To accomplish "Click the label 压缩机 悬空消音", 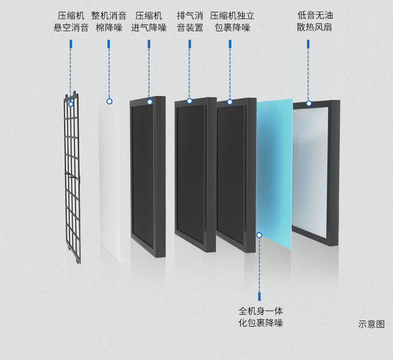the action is click(x=71, y=22).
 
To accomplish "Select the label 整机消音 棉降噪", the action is click(x=108, y=22).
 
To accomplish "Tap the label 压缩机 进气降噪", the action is click(x=149, y=22).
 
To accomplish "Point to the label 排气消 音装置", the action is click(x=190, y=22).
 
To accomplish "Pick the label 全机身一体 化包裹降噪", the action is click(x=261, y=317).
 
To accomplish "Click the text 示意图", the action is click(x=371, y=324).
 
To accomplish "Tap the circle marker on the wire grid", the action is click(x=71, y=104).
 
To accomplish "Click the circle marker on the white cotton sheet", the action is click(x=109, y=101).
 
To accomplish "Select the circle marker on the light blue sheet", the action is click(x=259, y=235).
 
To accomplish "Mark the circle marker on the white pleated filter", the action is click(x=309, y=103).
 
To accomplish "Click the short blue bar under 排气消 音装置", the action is click(x=190, y=44).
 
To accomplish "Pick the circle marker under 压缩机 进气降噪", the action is click(x=149, y=102).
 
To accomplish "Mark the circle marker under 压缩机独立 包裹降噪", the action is click(x=230, y=102).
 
